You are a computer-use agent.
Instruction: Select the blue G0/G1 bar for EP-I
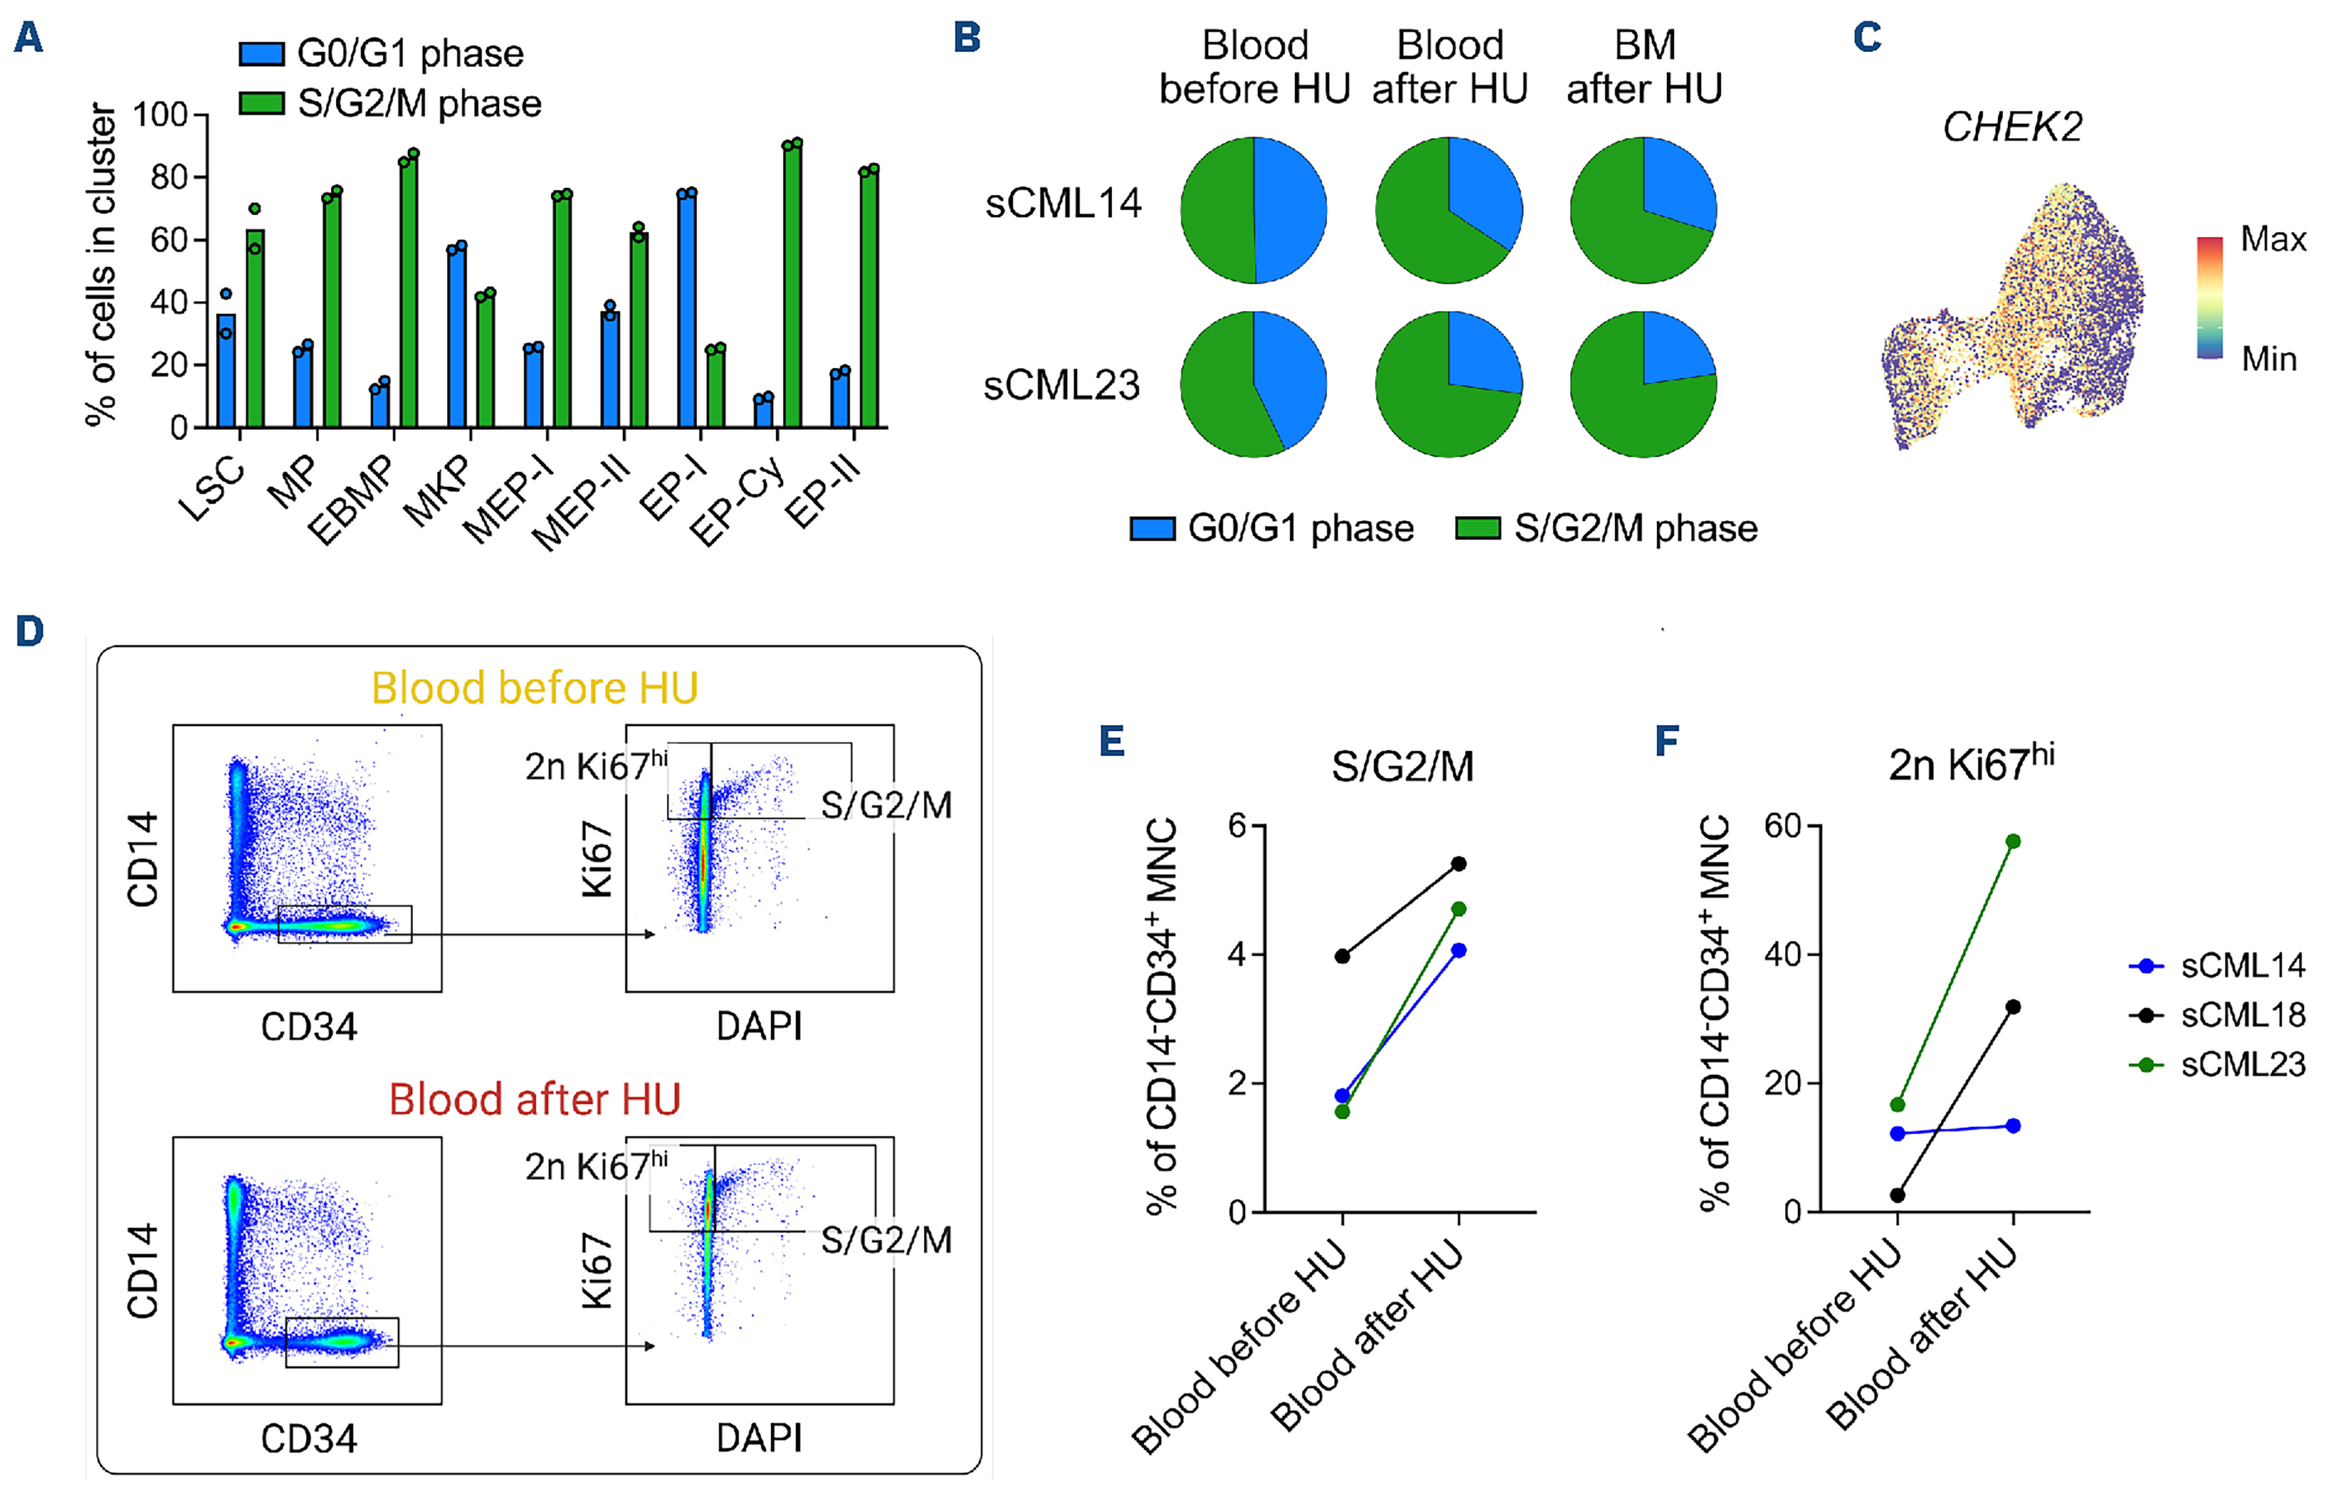(686, 310)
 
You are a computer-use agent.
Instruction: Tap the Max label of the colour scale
(2272, 239)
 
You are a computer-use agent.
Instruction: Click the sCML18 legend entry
(2242, 1015)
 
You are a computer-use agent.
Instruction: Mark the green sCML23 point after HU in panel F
(2013, 841)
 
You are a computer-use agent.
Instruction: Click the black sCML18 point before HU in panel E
(1342, 957)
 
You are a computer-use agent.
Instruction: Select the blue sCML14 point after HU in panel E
(1458, 951)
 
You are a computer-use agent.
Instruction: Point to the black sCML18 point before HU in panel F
(1897, 1196)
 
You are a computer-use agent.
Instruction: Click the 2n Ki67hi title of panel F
(1971, 764)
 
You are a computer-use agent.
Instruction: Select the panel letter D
(30, 632)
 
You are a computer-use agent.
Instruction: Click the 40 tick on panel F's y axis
(1782, 955)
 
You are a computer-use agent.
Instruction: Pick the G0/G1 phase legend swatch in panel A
(262, 53)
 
